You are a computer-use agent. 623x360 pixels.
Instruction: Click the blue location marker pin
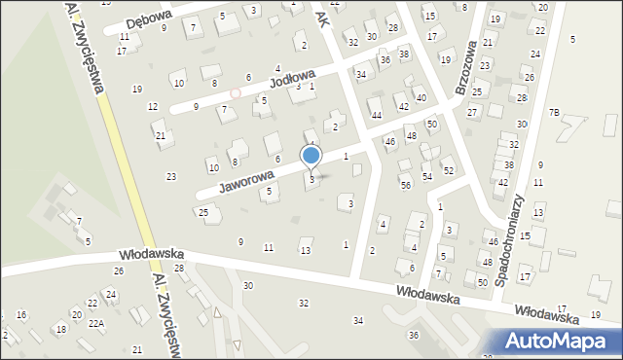coord(311,156)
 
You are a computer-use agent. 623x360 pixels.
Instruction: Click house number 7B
coord(554,113)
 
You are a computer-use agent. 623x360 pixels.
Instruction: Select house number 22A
coord(95,324)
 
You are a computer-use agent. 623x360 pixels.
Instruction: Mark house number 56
coord(406,185)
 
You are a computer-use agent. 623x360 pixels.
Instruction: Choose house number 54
coord(427,176)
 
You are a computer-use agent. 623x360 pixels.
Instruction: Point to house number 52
coord(449,170)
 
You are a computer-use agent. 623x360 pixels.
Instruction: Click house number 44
coord(376,115)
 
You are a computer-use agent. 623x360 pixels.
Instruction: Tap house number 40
coord(421,98)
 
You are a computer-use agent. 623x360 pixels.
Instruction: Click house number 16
coord(21,315)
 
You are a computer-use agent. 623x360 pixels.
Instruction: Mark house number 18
coord(60,330)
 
